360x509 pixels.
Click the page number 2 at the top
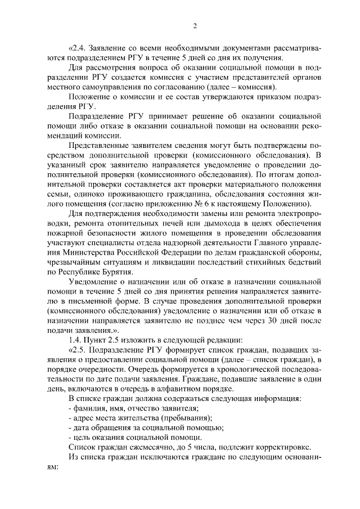(x=194, y=25)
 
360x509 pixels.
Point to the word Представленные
(x=100, y=145)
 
